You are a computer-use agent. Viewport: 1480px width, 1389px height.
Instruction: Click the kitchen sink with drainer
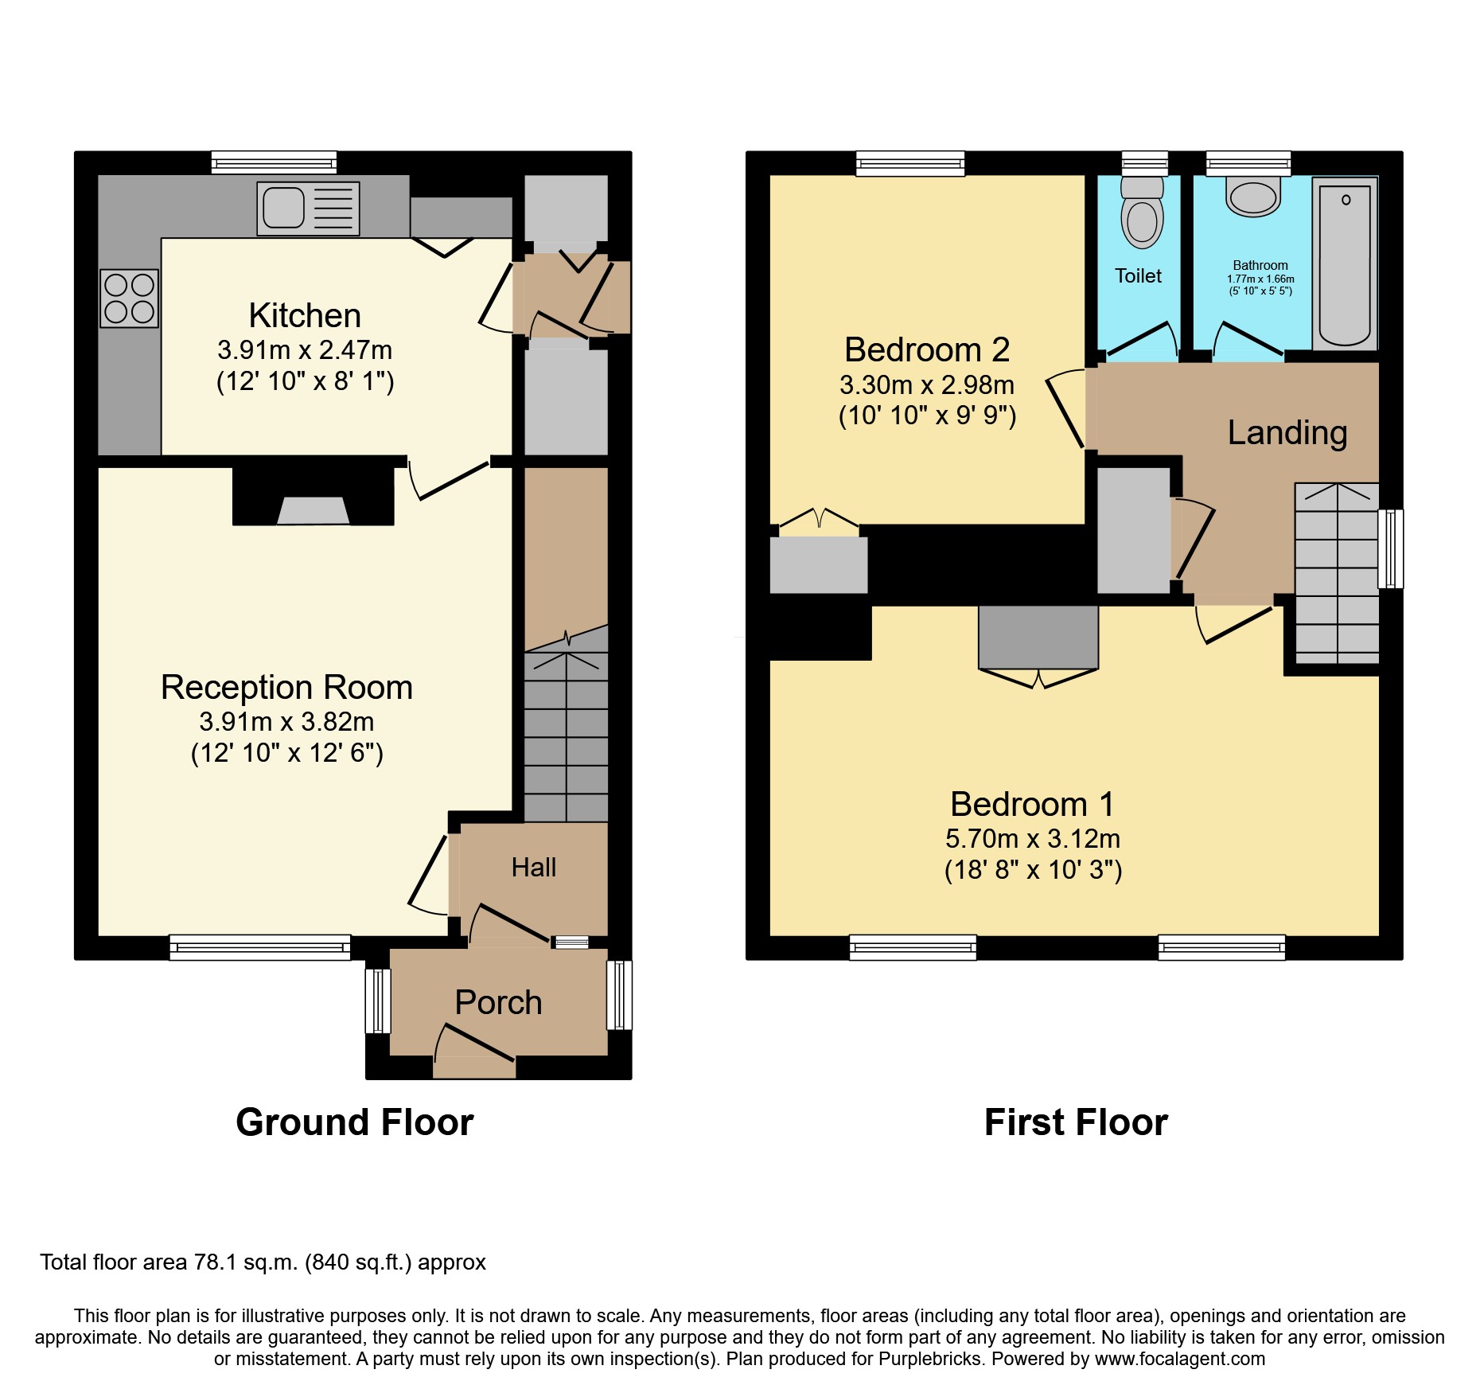pyautogui.click(x=308, y=209)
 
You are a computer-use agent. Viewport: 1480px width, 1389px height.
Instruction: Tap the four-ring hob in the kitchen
pyautogui.click(x=129, y=298)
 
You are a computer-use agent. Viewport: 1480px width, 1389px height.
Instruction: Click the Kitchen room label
pyautogui.click(x=305, y=315)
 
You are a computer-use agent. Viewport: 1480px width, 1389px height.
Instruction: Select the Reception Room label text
pyautogui.click(x=286, y=687)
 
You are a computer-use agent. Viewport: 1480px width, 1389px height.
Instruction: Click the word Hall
pyautogui.click(x=534, y=867)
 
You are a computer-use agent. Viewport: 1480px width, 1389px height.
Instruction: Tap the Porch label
pyautogui.click(x=498, y=1002)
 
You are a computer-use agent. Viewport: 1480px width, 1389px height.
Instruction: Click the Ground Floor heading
pyautogui.click(x=355, y=1122)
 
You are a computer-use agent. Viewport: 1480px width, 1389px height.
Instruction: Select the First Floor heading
pyautogui.click(x=1076, y=1122)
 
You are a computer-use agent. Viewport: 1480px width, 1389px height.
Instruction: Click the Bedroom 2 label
pyautogui.click(x=927, y=349)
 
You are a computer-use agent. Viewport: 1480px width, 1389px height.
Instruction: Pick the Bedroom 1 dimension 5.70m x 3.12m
pyautogui.click(x=1033, y=838)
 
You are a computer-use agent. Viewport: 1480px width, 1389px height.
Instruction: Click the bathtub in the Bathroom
pyautogui.click(x=1345, y=263)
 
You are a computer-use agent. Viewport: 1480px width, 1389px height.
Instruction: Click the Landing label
pyautogui.click(x=1287, y=432)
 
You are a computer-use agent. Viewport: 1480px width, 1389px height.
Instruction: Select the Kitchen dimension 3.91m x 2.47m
pyautogui.click(x=305, y=349)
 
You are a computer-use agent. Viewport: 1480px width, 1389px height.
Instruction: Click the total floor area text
pyautogui.click(x=263, y=1262)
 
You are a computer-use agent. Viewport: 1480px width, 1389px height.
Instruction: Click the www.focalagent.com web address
pyautogui.click(x=1180, y=1359)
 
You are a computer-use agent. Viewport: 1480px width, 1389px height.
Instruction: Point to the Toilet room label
pyautogui.click(x=1138, y=275)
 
